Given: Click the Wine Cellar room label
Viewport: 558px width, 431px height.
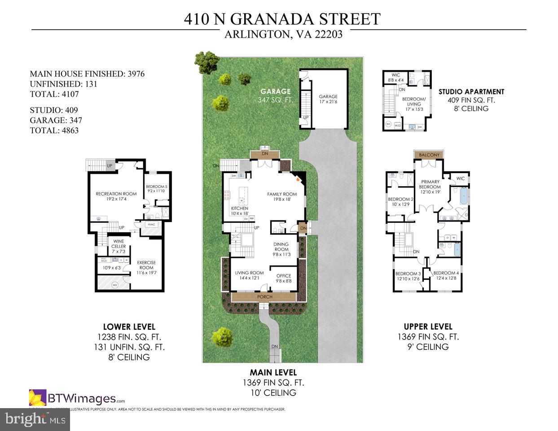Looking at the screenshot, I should pos(119,244).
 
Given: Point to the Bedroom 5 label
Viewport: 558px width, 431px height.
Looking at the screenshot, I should pos(157,187).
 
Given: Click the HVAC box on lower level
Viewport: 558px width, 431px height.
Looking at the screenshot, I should pos(151,225).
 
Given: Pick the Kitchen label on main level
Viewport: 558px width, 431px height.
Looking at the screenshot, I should pos(240,209).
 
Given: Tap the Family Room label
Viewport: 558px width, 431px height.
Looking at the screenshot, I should pos(282,194).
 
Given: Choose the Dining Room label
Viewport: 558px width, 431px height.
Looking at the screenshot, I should pos(281,247).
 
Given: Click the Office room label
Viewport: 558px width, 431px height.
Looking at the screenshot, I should pos(284,276).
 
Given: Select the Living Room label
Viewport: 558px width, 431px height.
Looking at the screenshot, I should pos(250,273).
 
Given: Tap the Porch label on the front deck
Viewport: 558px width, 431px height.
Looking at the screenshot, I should pos(265,297).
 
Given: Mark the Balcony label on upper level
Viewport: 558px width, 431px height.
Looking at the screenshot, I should pos(429,155).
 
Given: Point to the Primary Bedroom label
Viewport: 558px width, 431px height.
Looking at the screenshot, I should pos(430,184).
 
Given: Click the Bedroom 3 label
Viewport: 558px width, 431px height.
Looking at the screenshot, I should pos(408,274).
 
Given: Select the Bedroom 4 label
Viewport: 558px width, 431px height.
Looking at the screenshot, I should pos(446,273).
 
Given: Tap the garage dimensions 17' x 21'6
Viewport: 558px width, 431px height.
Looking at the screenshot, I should pos(328,102).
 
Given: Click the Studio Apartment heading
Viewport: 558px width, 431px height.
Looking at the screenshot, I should pos(471,91).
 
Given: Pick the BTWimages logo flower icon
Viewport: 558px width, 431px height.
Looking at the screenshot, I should pos(37,397).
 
